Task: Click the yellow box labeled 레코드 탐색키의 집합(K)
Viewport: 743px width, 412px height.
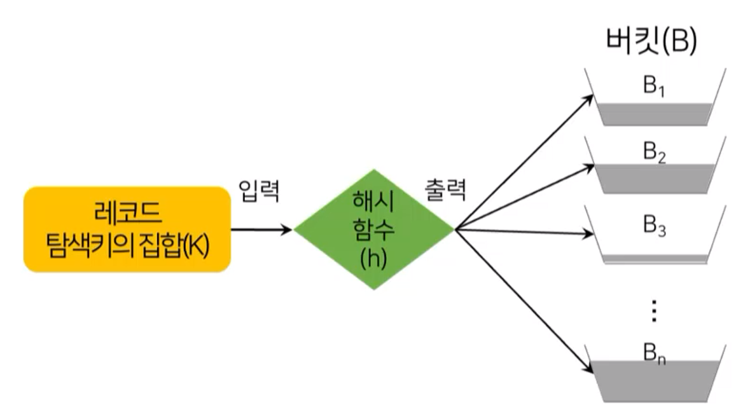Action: [x=127, y=229]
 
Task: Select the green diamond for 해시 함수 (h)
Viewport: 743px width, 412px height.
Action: [x=373, y=229]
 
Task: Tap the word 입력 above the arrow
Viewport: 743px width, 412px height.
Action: [x=259, y=191]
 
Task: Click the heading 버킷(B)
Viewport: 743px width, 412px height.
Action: [x=650, y=42]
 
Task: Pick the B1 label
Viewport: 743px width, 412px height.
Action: [x=653, y=86]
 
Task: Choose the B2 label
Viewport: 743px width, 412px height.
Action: [x=653, y=153]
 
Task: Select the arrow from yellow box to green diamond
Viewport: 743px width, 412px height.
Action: [x=261, y=229]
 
